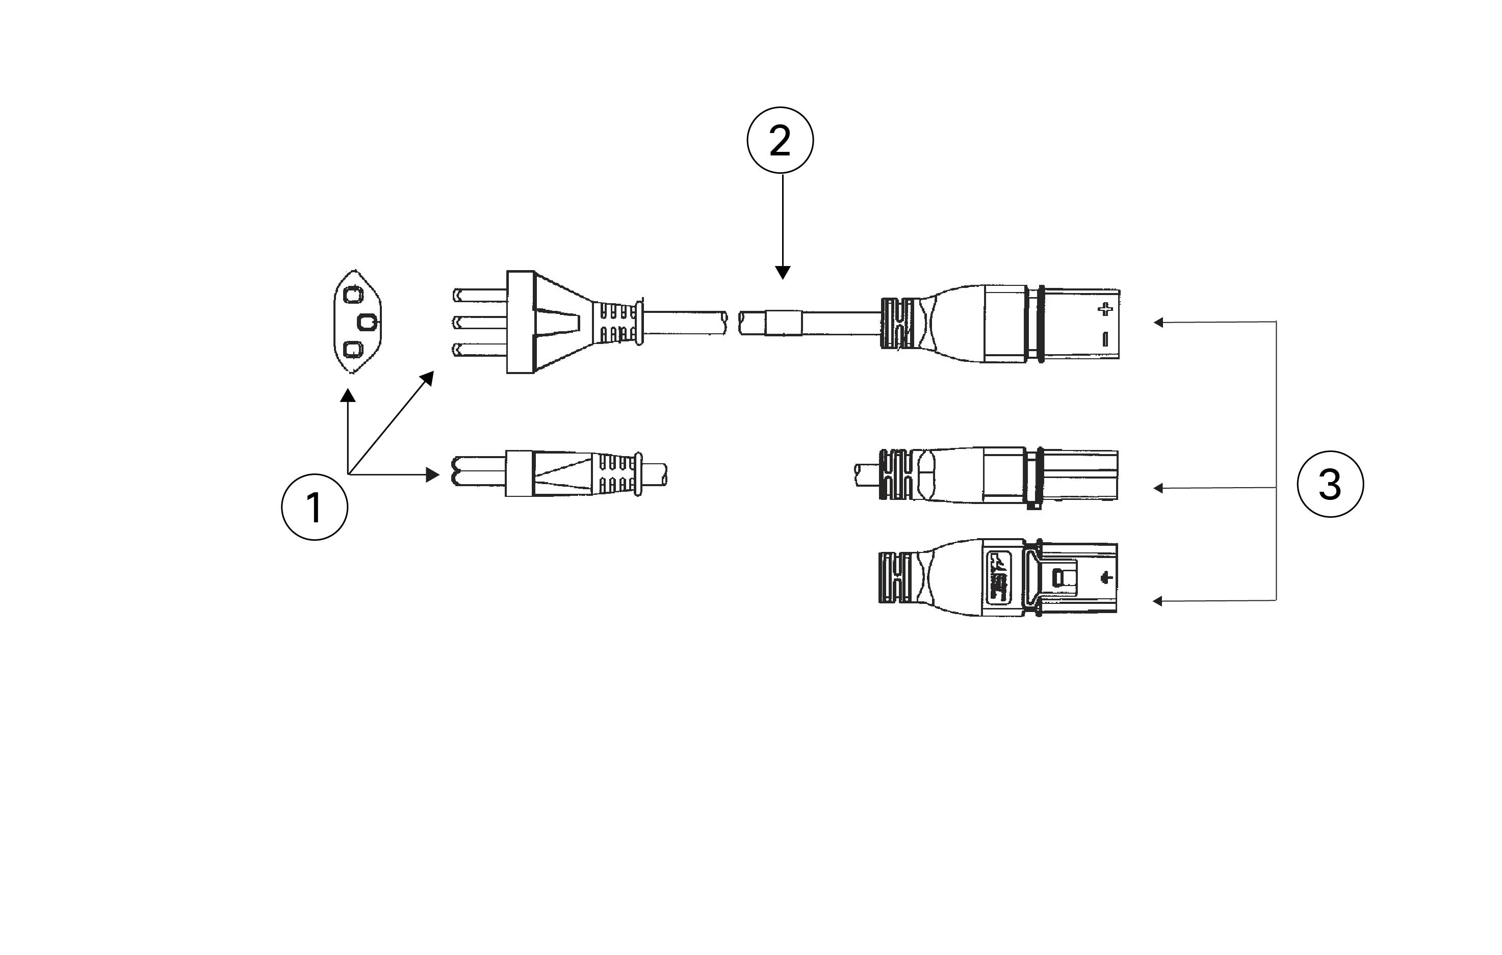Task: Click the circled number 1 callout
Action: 315,507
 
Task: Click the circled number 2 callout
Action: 781,140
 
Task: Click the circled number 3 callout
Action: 1331,484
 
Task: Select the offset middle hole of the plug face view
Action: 368,322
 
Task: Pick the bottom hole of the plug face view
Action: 353,350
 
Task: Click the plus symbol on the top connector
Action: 1105,309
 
